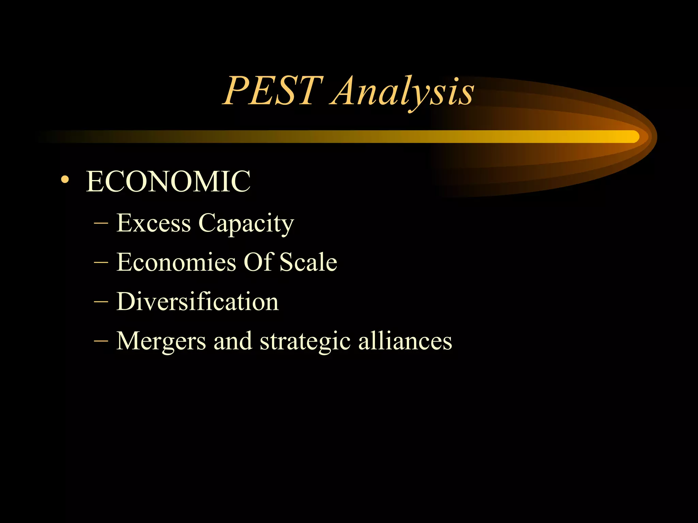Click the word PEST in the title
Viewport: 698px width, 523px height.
pos(273,91)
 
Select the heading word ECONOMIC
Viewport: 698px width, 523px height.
pos(168,181)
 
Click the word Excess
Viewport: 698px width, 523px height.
pos(153,223)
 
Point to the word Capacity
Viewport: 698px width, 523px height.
pos(246,224)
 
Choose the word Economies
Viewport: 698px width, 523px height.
pos(176,263)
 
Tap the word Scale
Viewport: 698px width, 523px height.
pos(308,263)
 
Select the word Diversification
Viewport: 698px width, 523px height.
pos(198,302)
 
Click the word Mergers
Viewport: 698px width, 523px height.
pos(161,341)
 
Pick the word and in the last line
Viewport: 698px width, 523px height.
pos(233,341)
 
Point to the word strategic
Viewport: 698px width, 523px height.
pos(305,342)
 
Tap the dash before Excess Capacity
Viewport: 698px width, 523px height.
pos(101,224)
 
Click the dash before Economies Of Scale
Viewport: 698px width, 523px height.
pos(101,263)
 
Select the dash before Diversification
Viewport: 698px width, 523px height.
pos(101,302)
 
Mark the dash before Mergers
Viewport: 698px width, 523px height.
pos(101,341)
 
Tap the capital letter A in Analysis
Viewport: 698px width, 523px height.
pos(345,91)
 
